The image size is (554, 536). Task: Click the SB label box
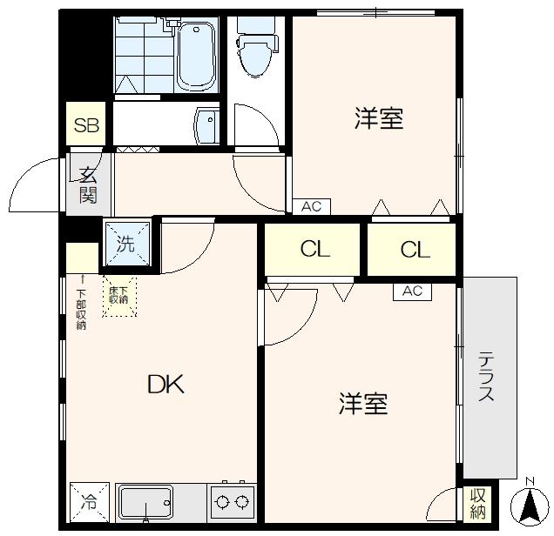click(x=86, y=125)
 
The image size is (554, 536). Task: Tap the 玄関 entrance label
click(x=88, y=184)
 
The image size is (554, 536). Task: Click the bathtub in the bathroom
click(x=197, y=56)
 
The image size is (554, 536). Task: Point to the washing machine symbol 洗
click(x=127, y=243)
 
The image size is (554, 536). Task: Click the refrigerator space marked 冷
click(x=90, y=502)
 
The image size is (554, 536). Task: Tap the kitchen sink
click(x=145, y=502)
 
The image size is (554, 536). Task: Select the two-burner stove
click(x=231, y=502)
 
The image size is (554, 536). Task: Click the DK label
click(x=165, y=384)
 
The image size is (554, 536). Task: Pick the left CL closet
click(x=314, y=250)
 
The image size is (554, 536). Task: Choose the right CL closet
click(x=415, y=250)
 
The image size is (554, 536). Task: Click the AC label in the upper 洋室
click(x=312, y=207)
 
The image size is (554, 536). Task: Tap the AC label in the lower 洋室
click(x=412, y=291)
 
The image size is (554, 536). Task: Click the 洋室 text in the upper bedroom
click(x=378, y=119)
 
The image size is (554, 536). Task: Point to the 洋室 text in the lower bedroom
click(x=363, y=404)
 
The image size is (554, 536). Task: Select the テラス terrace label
click(x=487, y=376)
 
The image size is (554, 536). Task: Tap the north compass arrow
click(x=530, y=506)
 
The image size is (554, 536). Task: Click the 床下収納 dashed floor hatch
click(x=119, y=296)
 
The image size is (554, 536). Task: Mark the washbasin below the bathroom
click(x=207, y=125)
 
